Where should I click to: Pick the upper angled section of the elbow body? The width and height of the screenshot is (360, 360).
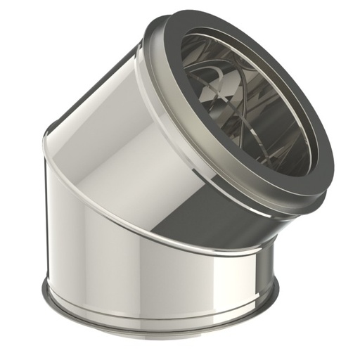(x=120, y=141)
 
